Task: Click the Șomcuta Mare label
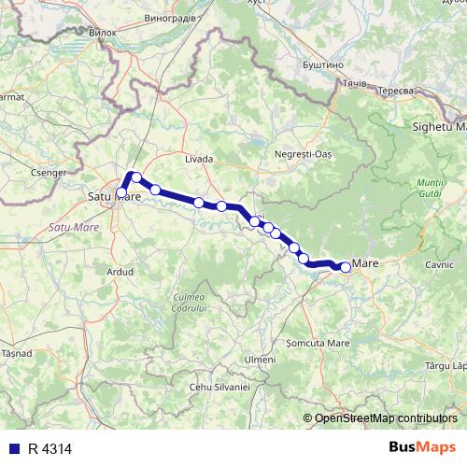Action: (x=318, y=343)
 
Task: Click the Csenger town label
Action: (x=48, y=173)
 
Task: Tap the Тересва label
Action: (x=397, y=91)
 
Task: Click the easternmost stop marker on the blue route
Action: (x=345, y=267)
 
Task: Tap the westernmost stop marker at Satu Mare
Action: (x=120, y=192)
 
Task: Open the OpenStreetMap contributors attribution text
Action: (x=387, y=417)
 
